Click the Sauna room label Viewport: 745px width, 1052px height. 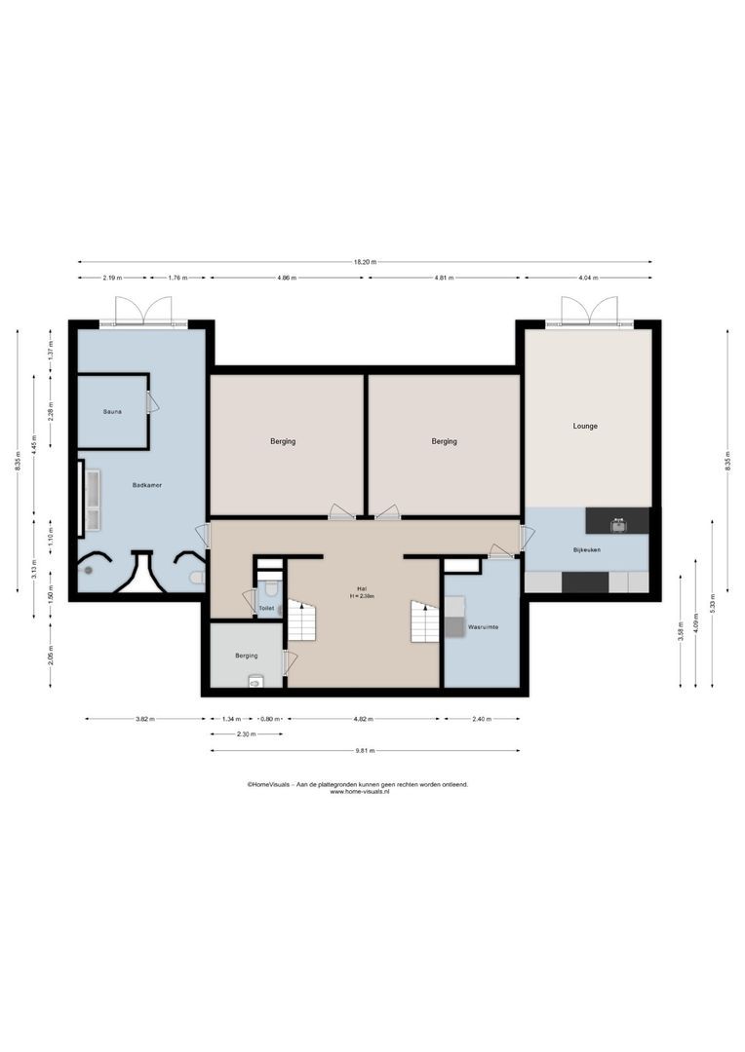[x=112, y=412]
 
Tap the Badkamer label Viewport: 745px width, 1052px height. [x=147, y=484]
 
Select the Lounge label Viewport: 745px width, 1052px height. [x=585, y=426]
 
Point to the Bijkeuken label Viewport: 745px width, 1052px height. [x=587, y=551]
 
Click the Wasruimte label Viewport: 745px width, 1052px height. [x=484, y=626]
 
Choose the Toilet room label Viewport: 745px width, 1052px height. [x=266, y=608]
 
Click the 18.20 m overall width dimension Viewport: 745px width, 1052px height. [x=366, y=262]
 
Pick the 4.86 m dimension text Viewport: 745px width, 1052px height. [x=287, y=279]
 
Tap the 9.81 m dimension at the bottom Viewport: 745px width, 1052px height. [x=365, y=751]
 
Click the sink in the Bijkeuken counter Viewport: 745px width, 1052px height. [x=617, y=524]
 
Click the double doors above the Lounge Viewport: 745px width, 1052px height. [x=588, y=312]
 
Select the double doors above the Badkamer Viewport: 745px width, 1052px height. [x=142, y=312]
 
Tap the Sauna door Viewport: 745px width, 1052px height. [x=152, y=402]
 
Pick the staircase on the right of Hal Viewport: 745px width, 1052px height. [x=424, y=620]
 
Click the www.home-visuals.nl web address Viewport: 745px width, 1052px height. [x=359, y=792]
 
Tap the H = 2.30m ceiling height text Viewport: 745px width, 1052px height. [x=362, y=596]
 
